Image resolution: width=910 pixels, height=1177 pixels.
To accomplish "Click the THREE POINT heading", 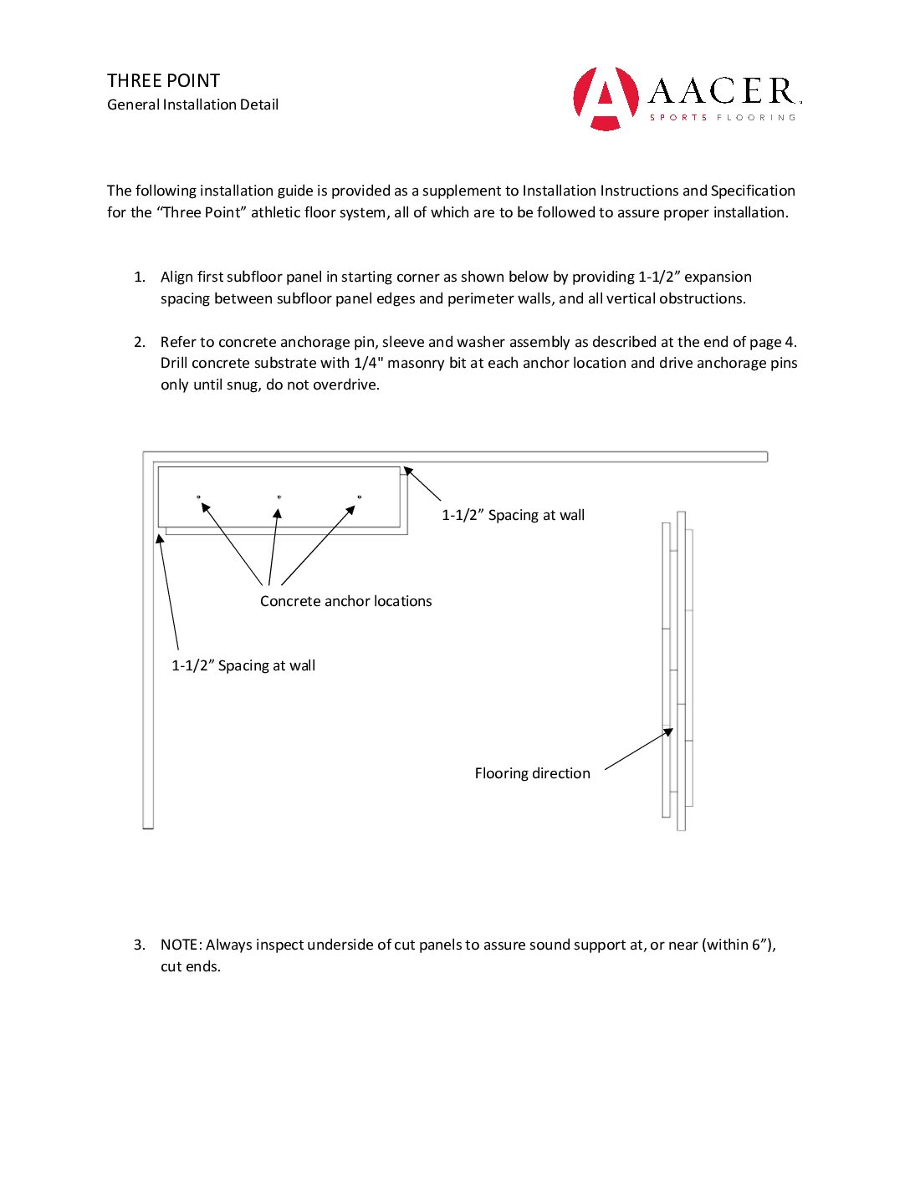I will click(x=163, y=81).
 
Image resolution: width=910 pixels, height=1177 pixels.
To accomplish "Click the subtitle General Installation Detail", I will click(x=192, y=104).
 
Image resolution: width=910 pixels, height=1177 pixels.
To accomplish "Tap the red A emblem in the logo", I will click(x=606, y=99).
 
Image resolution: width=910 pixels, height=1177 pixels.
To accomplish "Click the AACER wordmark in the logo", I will click(x=723, y=91).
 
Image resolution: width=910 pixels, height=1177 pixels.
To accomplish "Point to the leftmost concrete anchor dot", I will click(x=199, y=497).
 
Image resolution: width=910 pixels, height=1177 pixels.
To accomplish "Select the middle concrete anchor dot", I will click(x=279, y=497).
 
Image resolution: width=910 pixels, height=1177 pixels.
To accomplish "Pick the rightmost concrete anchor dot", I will click(x=360, y=497).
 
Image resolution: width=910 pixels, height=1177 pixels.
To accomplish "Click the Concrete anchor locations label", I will click(x=345, y=601).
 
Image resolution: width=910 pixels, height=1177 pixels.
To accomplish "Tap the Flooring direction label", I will click(x=532, y=773).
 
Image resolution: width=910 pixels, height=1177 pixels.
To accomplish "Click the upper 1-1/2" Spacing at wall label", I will click(x=513, y=515).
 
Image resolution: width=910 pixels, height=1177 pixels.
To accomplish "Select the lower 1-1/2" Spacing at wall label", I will click(x=243, y=665).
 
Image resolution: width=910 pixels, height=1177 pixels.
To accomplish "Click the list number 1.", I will click(x=139, y=277).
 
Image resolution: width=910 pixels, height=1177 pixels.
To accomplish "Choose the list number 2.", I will click(x=139, y=342).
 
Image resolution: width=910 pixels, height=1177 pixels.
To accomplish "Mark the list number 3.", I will click(x=139, y=945).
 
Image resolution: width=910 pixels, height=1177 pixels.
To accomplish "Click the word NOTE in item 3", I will click(x=179, y=945).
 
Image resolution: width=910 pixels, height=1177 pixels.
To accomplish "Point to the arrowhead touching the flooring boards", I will click(x=668, y=732).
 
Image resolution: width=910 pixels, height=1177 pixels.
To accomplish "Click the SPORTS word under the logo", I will click(x=678, y=118).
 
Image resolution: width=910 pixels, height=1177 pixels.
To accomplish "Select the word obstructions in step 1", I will click(x=702, y=298).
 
